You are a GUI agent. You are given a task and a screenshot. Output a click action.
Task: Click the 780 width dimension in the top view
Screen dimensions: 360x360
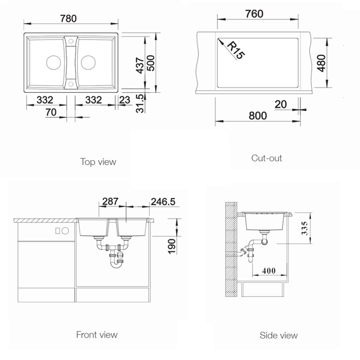(x=68, y=18)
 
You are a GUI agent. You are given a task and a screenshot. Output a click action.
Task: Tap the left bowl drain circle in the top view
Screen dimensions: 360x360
(x=53, y=62)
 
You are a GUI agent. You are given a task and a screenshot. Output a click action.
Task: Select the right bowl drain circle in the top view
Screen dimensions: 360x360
(x=88, y=62)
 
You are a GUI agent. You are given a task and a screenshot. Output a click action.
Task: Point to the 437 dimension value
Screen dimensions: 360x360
(x=140, y=65)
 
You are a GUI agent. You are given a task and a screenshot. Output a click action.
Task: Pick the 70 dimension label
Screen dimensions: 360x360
(x=51, y=112)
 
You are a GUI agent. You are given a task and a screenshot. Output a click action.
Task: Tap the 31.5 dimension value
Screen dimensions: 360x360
(x=140, y=103)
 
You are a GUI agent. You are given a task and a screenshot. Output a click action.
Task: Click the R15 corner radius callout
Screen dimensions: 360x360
(x=235, y=50)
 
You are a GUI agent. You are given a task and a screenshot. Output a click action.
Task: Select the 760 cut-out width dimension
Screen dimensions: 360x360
(x=254, y=14)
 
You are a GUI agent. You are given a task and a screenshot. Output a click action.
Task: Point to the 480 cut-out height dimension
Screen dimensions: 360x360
(x=321, y=63)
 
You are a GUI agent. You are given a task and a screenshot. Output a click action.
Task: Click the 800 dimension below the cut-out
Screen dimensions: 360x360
(x=258, y=116)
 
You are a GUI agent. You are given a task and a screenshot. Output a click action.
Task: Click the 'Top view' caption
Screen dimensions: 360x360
(x=98, y=162)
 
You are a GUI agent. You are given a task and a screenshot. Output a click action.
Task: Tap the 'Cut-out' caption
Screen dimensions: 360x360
(x=266, y=158)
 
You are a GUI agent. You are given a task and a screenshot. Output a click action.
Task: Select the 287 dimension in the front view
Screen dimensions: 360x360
(x=110, y=201)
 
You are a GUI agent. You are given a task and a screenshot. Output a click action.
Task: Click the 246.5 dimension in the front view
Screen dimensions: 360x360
(x=163, y=201)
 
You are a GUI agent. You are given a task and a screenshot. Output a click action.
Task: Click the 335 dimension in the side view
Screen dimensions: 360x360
(x=304, y=228)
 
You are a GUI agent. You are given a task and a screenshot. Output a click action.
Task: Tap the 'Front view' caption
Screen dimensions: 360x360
(x=97, y=334)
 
